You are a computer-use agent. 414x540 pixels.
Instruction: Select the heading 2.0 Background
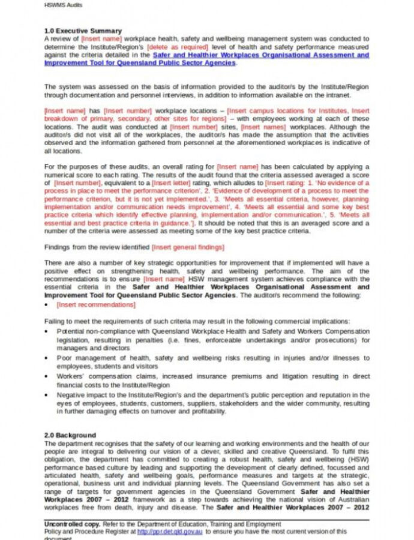point(70,435)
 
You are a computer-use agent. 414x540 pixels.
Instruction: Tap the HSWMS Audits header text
point(64,5)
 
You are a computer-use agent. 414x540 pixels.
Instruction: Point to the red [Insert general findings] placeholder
point(188,247)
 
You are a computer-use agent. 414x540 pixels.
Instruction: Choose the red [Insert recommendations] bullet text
point(96,305)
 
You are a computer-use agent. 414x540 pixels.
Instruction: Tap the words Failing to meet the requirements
point(96,322)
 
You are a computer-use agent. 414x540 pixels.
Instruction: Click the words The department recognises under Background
point(84,443)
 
